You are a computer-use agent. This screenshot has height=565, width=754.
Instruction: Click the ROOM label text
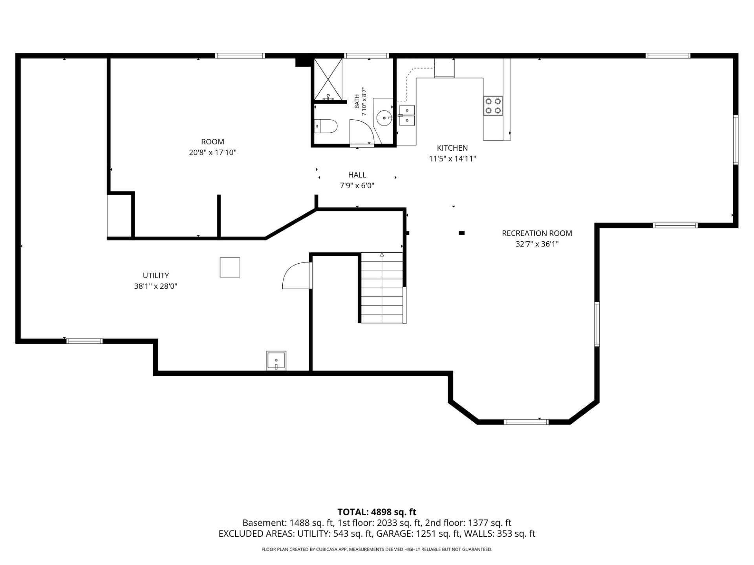pos(212,142)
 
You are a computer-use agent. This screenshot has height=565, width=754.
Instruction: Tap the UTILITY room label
pos(156,275)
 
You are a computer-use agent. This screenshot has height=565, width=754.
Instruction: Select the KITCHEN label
pos(452,148)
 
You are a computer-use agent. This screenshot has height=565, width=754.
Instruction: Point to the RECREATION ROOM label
pos(537,233)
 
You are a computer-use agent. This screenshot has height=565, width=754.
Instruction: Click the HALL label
pos(357,175)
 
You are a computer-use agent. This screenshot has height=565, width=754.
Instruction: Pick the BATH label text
pos(357,101)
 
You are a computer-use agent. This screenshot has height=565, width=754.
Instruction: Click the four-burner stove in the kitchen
pos(493,106)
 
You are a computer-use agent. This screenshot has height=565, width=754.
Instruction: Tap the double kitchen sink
pos(407,115)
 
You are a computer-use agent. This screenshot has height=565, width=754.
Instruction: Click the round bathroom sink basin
pos(384,117)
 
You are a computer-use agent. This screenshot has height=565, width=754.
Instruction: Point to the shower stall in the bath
pos(328,79)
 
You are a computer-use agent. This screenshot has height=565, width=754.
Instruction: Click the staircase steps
pos(382,288)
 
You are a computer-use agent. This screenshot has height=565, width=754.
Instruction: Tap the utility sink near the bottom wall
pos(276,361)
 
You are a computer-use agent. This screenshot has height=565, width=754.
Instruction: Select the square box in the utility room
pos(230,267)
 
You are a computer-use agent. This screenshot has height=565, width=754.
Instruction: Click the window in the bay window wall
pos(526,422)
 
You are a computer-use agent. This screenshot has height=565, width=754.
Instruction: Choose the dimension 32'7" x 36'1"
pos(537,244)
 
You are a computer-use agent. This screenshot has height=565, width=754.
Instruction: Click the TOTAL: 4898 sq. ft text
pos(377,512)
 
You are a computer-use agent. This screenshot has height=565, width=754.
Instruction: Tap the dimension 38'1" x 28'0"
pos(156,286)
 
